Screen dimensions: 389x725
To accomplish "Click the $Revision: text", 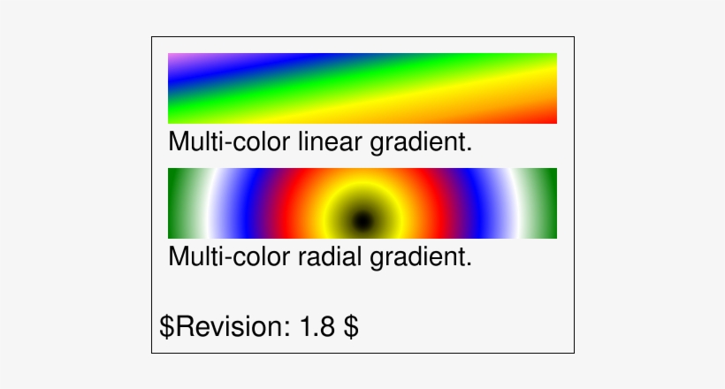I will coord(225,326).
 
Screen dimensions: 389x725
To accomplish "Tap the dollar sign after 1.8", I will coord(350,326).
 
